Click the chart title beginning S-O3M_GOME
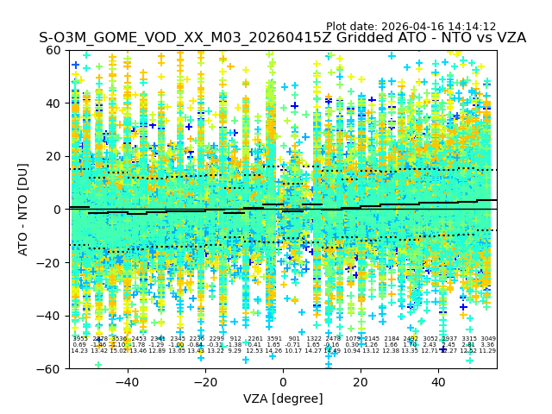[x=282, y=39]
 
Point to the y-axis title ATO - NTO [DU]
[x=23, y=209]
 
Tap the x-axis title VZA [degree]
[x=282, y=398]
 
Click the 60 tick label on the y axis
[x=53, y=50]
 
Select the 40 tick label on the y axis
[x=53, y=103]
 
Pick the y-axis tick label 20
[x=53, y=156]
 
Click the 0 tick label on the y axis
[x=57, y=210]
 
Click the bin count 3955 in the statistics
[x=79, y=339]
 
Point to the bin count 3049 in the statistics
[x=488, y=339]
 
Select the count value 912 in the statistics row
[x=235, y=339]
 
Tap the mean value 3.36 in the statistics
[x=488, y=345]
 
